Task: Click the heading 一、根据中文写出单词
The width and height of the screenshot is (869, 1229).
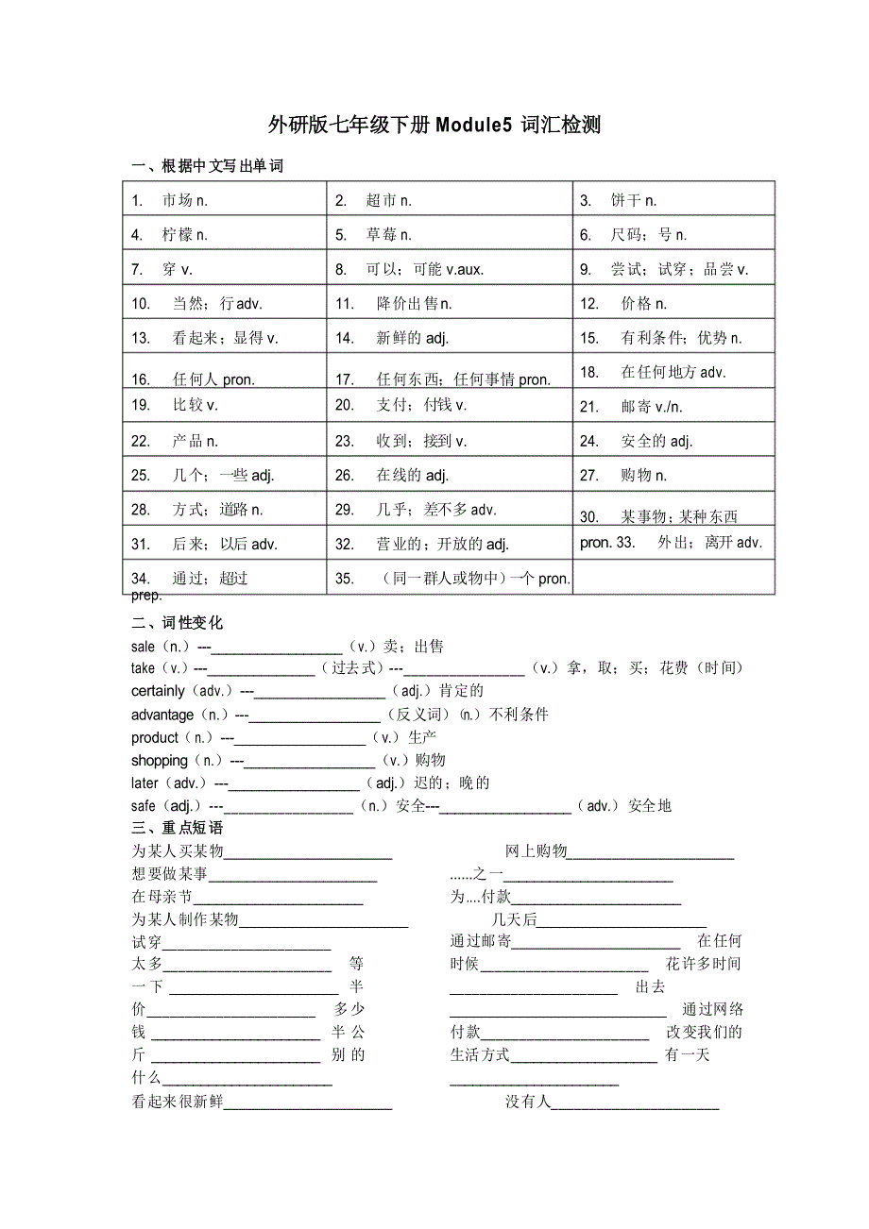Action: point(208,166)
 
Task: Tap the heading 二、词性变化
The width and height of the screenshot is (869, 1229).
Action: point(178,623)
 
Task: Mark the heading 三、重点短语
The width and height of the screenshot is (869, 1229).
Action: point(178,828)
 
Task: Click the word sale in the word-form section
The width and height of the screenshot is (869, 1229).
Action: point(143,647)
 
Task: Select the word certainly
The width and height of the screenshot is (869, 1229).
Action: point(158,691)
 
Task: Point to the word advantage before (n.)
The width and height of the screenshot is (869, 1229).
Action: point(162,715)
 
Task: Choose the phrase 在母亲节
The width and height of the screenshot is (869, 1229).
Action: point(162,897)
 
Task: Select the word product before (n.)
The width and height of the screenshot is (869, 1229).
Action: point(155,737)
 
